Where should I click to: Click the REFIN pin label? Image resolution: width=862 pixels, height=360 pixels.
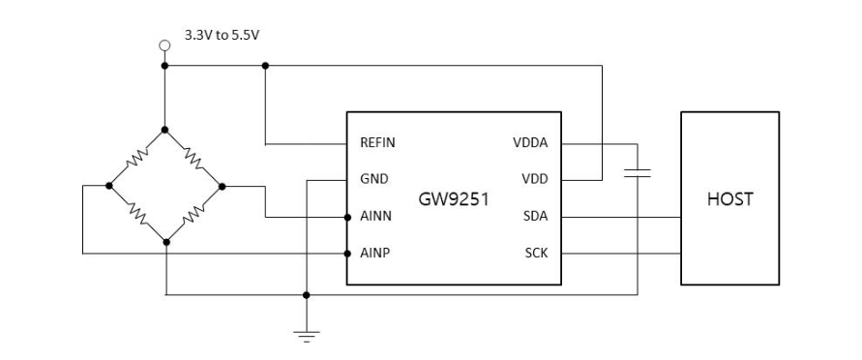pyautogui.click(x=377, y=143)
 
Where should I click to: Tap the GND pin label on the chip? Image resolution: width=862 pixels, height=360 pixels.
pyautogui.click(x=373, y=179)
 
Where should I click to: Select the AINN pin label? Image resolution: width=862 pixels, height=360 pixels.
pyautogui.click(x=376, y=216)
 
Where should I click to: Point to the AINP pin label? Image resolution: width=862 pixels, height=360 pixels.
pyautogui.click(x=375, y=254)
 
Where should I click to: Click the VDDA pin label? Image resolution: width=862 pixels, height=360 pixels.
pyautogui.click(x=530, y=143)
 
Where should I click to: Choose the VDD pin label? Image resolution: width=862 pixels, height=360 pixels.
pyautogui.click(x=535, y=179)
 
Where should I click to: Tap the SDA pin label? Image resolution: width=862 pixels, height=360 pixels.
pyautogui.click(x=535, y=216)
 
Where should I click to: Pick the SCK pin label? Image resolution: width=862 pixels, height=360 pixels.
pyautogui.click(x=536, y=254)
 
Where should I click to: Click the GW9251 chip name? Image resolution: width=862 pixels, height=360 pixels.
pyautogui.click(x=454, y=199)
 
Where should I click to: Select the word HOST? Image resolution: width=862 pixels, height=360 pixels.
pyautogui.click(x=730, y=199)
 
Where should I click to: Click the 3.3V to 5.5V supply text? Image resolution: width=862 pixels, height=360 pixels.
pyautogui.click(x=223, y=35)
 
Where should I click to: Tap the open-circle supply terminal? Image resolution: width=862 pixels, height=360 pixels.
pyautogui.click(x=164, y=45)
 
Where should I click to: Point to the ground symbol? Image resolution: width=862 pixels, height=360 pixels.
pyautogui.click(x=307, y=336)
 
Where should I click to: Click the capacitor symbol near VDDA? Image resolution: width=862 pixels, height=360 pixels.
pyautogui.click(x=638, y=173)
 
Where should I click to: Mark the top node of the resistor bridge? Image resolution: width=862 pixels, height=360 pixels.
pyautogui.click(x=164, y=130)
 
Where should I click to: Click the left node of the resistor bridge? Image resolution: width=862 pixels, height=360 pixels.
pyautogui.click(x=109, y=186)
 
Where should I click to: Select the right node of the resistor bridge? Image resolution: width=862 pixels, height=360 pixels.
pyautogui.click(x=222, y=187)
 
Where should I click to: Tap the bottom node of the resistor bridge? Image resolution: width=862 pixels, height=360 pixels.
pyautogui.click(x=166, y=242)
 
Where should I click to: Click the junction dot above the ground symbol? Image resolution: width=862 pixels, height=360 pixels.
pyautogui.click(x=307, y=295)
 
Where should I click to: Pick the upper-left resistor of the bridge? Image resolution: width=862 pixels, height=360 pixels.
pyautogui.click(x=136, y=158)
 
